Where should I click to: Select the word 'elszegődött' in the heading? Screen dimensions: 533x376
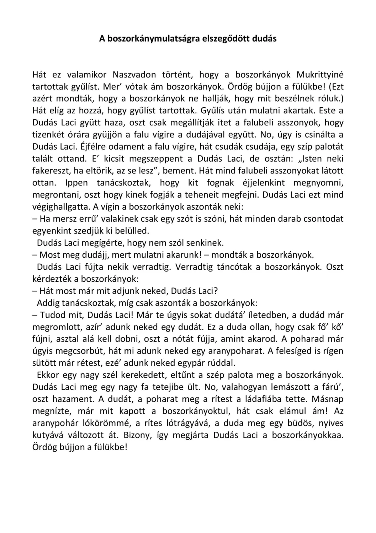[227, 39]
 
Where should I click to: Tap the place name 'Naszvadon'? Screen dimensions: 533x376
[134, 75]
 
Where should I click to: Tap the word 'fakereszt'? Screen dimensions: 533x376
[51, 171]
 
